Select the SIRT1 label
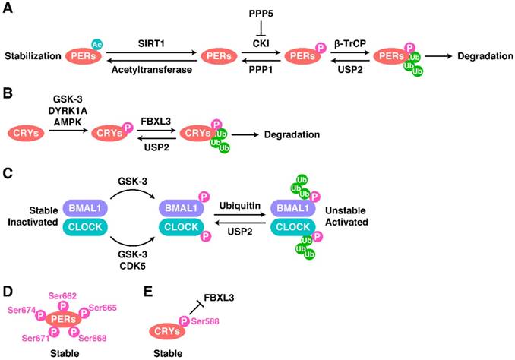click(x=152, y=43)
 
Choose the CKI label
click(x=261, y=43)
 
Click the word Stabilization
click(x=31, y=56)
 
